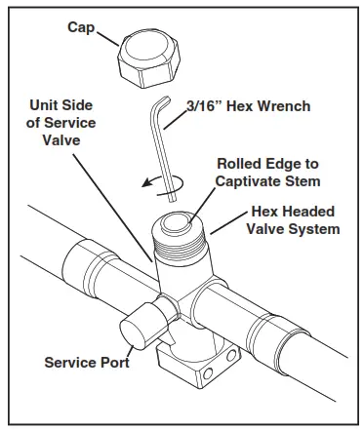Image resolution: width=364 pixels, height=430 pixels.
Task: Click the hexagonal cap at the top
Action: tap(148, 59)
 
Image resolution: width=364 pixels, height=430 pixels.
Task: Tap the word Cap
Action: tap(81, 28)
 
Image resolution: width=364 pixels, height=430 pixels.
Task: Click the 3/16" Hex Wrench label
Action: tap(249, 106)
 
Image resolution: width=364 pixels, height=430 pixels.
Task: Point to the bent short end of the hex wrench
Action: tap(163, 102)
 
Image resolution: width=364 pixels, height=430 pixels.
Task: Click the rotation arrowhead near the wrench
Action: tap(146, 183)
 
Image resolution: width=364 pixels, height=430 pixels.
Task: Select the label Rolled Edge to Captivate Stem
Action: tap(267, 173)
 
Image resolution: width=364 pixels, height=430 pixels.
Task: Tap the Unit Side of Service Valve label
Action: tap(61, 123)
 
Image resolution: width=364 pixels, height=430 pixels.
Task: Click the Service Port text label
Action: tap(87, 363)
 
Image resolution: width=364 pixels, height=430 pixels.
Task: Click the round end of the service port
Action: tap(133, 333)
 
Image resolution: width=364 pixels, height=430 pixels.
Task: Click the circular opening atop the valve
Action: tap(176, 223)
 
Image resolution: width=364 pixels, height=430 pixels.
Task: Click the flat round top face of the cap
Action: tap(149, 48)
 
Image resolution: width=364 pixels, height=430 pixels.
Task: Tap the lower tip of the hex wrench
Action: tap(173, 200)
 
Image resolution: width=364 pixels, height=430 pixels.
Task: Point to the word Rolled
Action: tap(234, 164)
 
